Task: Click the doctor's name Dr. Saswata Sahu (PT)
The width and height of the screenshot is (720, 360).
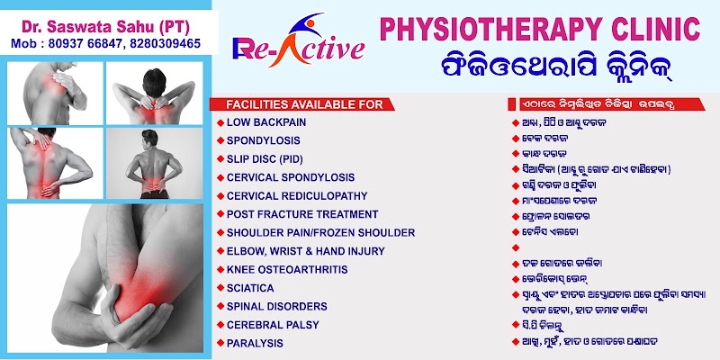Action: coord(105,28)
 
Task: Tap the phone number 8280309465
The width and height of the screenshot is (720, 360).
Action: coord(166,43)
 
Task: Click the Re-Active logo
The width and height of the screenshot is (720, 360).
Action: coord(299,40)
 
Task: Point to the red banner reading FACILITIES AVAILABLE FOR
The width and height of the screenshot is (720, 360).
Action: coord(301,104)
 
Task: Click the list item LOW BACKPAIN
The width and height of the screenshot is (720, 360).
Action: coord(266,122)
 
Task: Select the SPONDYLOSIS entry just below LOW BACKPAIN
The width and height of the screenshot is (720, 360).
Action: coord(264,140)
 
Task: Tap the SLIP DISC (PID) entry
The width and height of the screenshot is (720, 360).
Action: coord(265,159)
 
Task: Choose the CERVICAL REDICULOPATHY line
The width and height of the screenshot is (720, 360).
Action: coord(297,196)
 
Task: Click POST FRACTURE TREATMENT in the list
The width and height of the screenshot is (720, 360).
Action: coord(302,214)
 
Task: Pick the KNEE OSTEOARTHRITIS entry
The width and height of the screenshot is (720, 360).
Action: coord(287,269)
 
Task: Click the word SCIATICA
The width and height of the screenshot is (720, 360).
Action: coord(250,288)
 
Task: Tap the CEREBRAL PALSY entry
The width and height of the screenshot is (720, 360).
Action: coord(273,325)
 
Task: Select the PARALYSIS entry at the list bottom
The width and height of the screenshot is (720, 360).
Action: coord(255,343)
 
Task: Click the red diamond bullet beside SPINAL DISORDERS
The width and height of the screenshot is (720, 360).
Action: coord(220,306)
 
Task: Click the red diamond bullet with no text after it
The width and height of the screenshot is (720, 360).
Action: coord(516,247)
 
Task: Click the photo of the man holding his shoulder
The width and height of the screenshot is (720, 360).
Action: coord(55,94)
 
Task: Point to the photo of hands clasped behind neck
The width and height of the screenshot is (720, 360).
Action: coord(154,94)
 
